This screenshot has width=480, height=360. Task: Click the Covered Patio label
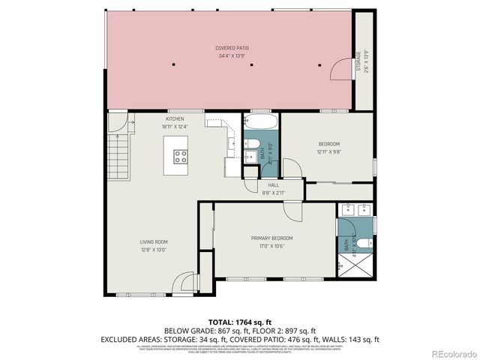pyautogui.click(x=232, y=48)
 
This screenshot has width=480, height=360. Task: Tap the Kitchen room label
pyautogui.click(x=175, y=118)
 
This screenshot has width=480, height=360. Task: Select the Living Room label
pyautogui.click(x=153, y=241)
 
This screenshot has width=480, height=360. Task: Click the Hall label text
pyautogui.click(x=273, y=185)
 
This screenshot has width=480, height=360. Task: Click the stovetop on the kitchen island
pyautogui.click(x=181, y=156)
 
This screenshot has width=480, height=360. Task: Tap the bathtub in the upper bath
pyautogui.click(x=261, y=121)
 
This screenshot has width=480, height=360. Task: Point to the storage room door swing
pyautogui.click(x=341, y=67)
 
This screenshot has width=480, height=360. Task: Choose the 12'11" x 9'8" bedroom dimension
pyautogui.click(x=328, y=151)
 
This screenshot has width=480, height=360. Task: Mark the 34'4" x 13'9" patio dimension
pyautogui.click(x=232, y=55)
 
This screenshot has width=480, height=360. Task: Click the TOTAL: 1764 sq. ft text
pyautogui.click(x=239, y=321)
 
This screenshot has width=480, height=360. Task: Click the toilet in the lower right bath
pyautogui.click(x=361, y=242)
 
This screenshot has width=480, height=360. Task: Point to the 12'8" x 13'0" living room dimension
pyautogui.click(x=153, y=250)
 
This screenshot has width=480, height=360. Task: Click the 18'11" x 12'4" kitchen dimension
pyautogui.click(x=175, y=127)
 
